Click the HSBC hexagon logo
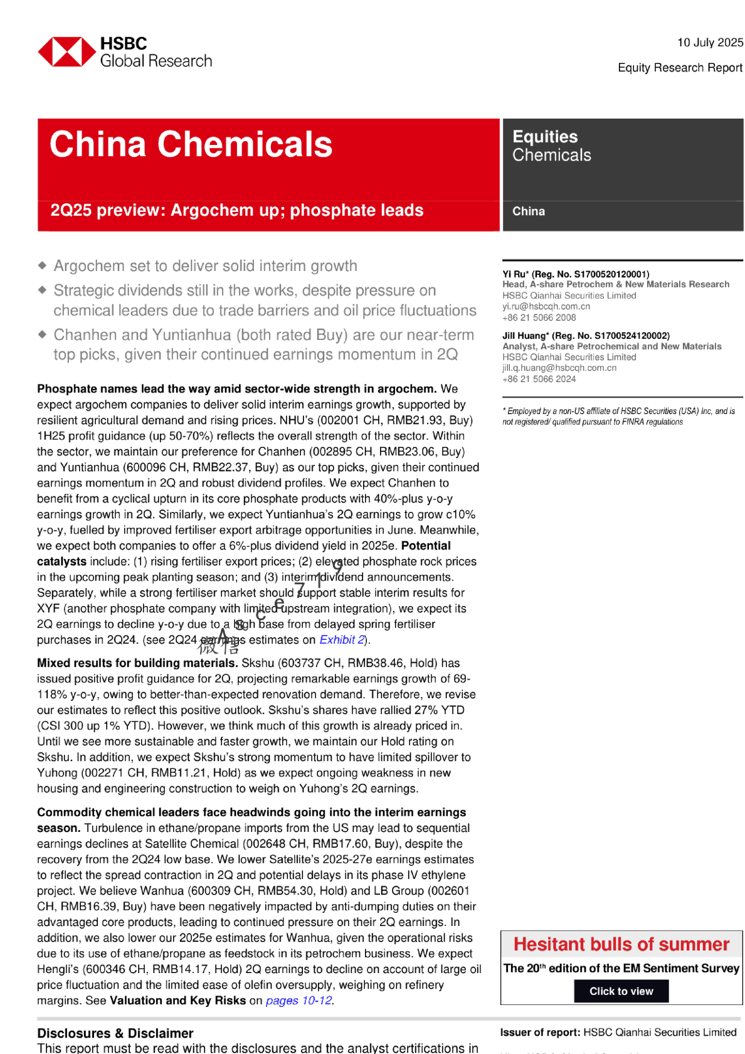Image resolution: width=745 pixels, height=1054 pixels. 66,51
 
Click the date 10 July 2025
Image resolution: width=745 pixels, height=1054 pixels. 710,43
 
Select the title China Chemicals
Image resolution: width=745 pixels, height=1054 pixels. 191,144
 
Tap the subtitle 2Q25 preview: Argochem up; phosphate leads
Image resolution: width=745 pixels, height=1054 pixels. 237,210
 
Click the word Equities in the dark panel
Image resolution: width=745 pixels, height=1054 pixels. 545,137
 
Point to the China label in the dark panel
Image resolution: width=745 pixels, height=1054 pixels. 529,211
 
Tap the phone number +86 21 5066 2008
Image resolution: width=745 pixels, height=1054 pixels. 539,318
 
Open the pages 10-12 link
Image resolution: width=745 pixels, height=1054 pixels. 299,1001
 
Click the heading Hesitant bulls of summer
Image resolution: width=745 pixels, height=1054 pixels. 621,944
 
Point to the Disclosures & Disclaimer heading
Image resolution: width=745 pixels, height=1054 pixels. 115,1033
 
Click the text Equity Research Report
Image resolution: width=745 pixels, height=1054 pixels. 680,68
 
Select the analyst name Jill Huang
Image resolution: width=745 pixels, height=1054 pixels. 523,336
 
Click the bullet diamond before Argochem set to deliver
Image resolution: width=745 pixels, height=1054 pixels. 42,265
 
